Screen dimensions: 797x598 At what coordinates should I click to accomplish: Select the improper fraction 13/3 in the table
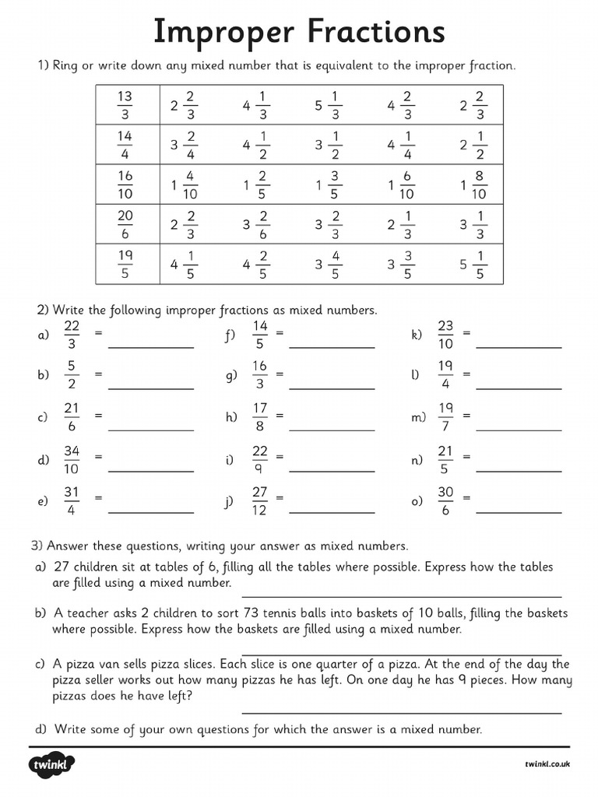125,105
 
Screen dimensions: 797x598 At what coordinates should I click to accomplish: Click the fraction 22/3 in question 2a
72,334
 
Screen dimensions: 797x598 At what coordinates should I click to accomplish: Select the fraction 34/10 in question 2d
72,460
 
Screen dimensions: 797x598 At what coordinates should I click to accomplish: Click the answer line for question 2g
332,387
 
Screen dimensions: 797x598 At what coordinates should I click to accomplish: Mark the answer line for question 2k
519,346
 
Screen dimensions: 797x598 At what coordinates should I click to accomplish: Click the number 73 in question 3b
252,613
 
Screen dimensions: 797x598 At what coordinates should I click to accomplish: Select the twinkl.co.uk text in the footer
547,765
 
